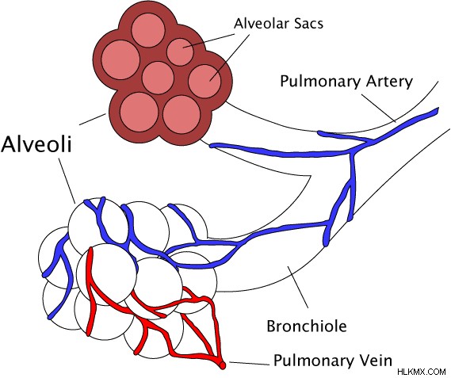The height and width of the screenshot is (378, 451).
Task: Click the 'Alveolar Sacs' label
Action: pyautogui.click(x=278, y=23)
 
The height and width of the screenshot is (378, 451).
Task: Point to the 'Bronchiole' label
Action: pyautogui.click(x=307, y=326)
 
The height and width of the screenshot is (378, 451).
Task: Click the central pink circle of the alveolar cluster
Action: pyautogui.click(x=158, y=78)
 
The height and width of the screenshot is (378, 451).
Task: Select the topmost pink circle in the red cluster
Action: pyautogui.click(x=148, y=30)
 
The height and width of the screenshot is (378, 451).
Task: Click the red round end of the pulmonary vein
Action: pyautogui.click(x=223, y=365)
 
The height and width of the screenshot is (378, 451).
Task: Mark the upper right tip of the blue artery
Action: pyautogui.click(x=438, y=109)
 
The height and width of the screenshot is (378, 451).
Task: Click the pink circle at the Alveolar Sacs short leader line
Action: pyautogui.click(x=181, y=52)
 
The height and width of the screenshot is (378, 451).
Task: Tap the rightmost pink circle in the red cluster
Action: pyautogui.click(x=204, y=81)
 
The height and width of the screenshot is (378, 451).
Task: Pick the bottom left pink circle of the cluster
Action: pyautogui.click(x=140, y=112)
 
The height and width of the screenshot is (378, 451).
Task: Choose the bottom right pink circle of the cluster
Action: pyautogui.click(x=182, y=114)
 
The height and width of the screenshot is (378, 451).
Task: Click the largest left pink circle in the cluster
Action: pyautogui.click(x=120, y=60)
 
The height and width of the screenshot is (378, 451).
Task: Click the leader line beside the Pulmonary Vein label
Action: pyautogui.click(x=249, y=364)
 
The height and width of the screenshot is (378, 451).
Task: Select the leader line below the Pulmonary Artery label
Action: pyautogui.click(x=379, y=108)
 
